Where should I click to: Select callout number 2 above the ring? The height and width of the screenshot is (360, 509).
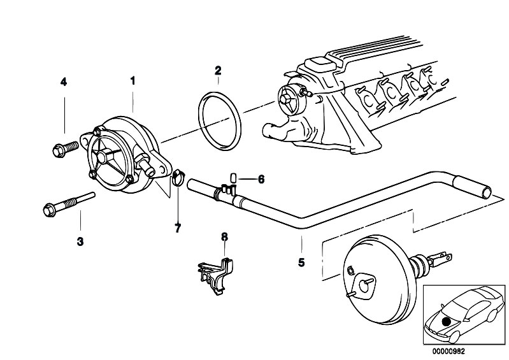218,70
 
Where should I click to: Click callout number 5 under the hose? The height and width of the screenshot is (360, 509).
301,261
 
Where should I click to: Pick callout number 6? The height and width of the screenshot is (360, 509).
261,179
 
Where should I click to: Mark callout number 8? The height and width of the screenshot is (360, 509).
224,238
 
